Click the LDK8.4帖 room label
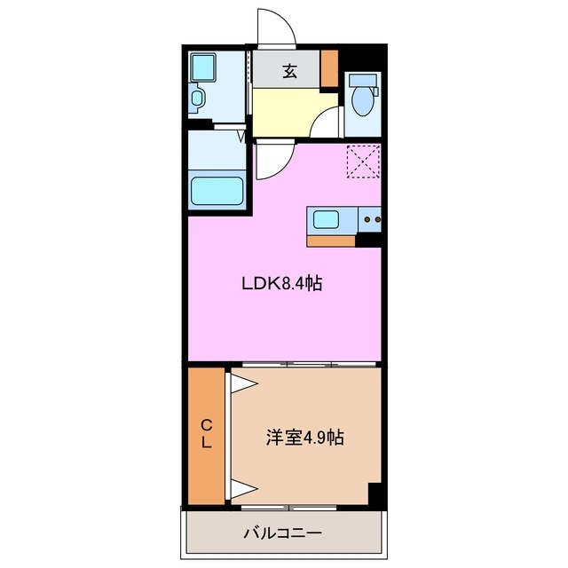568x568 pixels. point(281,284)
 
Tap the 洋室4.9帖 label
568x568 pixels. point(305,438)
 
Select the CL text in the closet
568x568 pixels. point(206,435)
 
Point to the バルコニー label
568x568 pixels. point(283,533)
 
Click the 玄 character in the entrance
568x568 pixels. point(289,73)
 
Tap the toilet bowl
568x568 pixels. point(362,99)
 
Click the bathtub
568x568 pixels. point(217,191)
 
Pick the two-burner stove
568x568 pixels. point(371,218)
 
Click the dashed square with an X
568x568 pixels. point(362,161)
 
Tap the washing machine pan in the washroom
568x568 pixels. point(202,67)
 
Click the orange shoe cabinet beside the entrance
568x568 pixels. point(329,68)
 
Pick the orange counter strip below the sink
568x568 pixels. point(331,239)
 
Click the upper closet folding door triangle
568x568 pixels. point(241,383)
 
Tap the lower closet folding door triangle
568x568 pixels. point(241,487)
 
